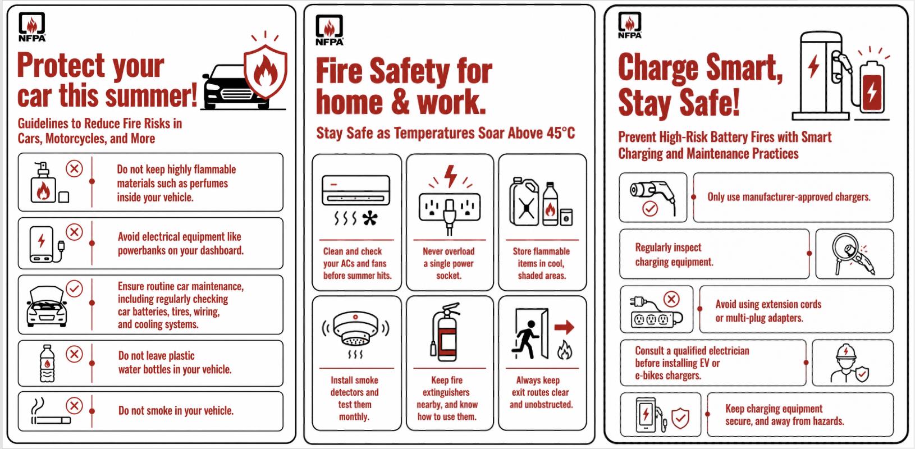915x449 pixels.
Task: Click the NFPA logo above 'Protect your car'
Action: [x=32, y=27]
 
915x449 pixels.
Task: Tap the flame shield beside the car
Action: [x=266, y=71]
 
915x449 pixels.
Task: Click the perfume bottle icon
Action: [x=43, y=182]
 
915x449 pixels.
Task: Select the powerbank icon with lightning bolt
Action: [x=42, y=244]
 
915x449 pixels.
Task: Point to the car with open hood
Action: [x=46, y=306]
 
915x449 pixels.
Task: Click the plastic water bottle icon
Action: [x=47, y=364]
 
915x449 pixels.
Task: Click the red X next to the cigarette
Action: [x=74, y=406]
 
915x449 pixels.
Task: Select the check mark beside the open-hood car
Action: [x=74, y=288]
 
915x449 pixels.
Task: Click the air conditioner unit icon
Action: [x=356, y=190]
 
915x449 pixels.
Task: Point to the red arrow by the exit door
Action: [x=564, y=327]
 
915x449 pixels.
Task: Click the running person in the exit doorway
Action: [x=526, y=340]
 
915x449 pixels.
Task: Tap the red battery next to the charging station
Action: [x=872, y=87]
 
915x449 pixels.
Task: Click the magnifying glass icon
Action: [x=845, y=253]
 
